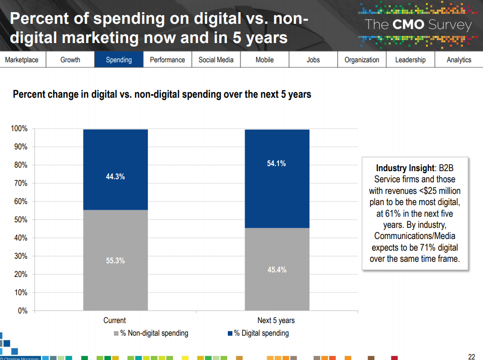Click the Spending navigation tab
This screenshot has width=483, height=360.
(x=118, y=60)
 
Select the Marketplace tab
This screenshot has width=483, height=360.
(x=22, y=60)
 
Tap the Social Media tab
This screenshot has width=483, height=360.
(x=216, y=60)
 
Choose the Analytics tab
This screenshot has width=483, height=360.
(x=459, y=60)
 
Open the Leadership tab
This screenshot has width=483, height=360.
(x=410, y=60)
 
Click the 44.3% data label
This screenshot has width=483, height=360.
(x=115, y=177)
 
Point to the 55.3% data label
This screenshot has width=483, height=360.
(x=115, y=261)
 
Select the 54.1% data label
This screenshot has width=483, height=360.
(x=276, y=163)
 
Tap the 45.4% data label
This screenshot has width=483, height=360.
(x=276, y=270)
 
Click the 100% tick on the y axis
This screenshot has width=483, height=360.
(x=19, y=129)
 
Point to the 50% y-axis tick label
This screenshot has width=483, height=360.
(x=20, y=220)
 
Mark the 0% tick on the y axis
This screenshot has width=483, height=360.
(x=22, y=311)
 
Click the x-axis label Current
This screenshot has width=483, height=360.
(x=114, y=321)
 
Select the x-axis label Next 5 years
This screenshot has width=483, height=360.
(x=276, y=321)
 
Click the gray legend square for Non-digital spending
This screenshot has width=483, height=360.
(x=116, y=333)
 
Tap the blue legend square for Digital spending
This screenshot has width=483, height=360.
(x=230, y=333)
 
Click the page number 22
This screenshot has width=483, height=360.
(x=471, y=355)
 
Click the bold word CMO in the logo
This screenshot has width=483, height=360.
(x=409, y=25)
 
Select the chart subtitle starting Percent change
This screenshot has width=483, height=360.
(x=162, y=94)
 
